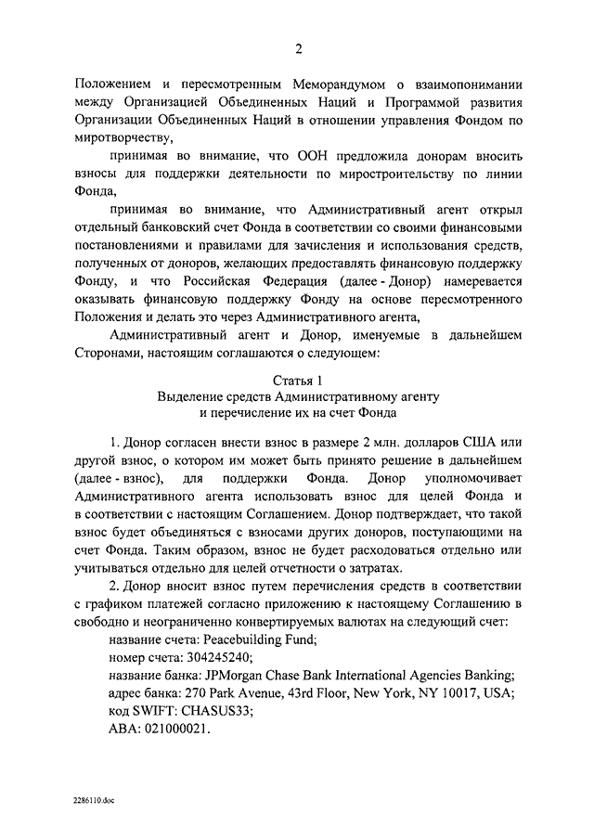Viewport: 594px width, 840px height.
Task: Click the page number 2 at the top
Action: point(298,48)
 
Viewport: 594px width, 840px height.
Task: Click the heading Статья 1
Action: point(298,381)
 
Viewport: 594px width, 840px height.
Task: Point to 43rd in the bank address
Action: point(336,692)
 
